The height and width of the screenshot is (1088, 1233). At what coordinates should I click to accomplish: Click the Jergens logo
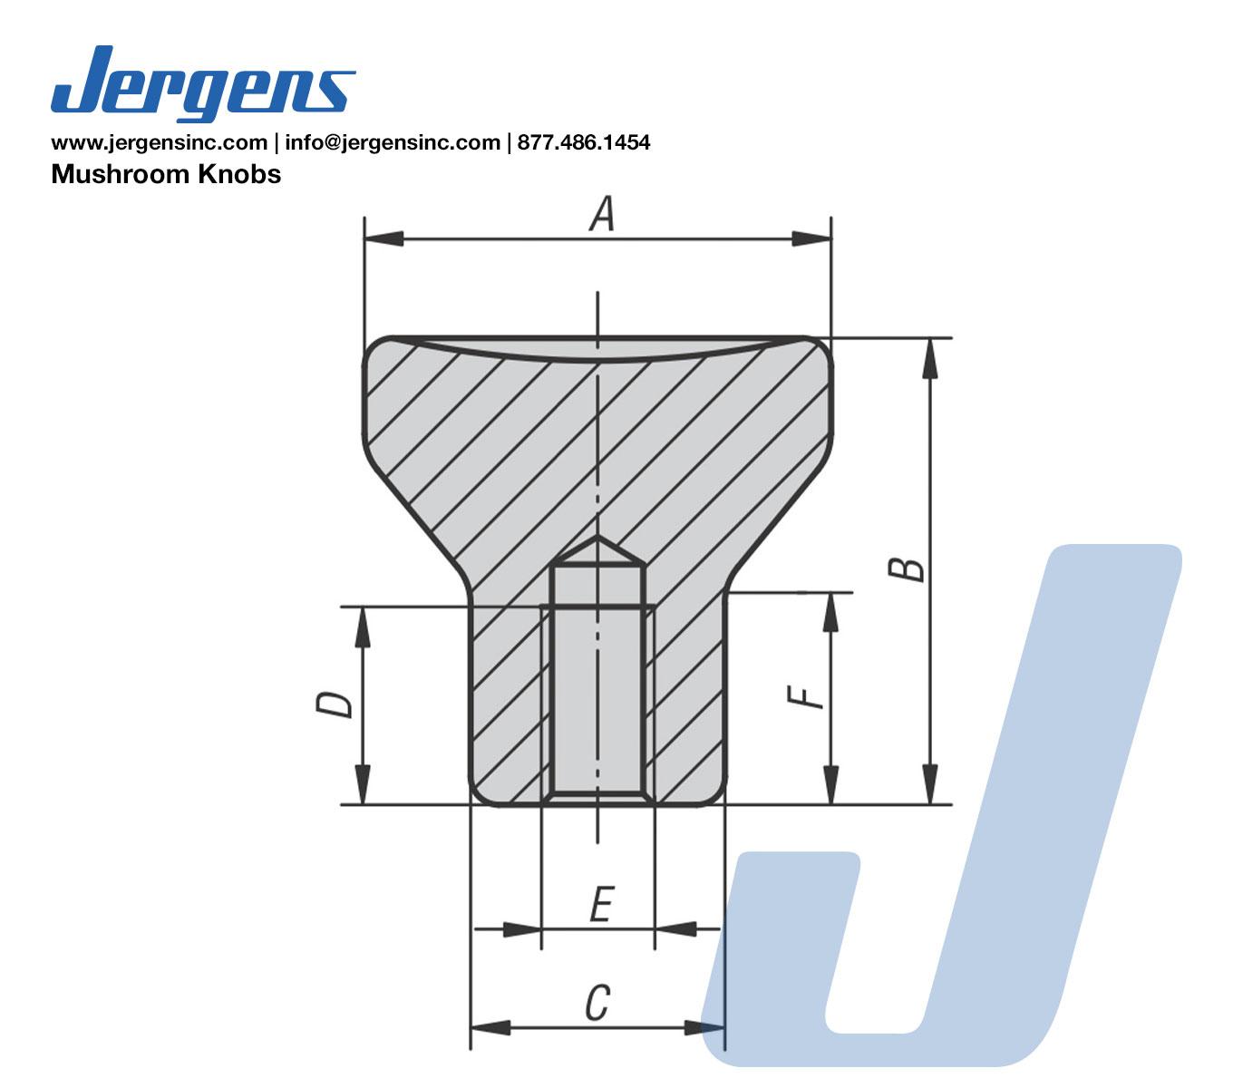(203, 83)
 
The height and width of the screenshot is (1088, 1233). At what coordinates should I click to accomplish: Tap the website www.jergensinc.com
(160, 142)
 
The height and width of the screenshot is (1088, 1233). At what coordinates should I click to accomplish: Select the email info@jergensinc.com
(393, 142)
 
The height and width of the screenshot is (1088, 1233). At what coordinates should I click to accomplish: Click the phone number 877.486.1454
(584, 142)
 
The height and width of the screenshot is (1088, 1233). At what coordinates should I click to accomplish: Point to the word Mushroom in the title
(121, 174)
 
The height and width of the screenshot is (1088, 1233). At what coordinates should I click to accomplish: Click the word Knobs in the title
(239, 174)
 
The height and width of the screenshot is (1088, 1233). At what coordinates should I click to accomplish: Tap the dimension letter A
(602, 214)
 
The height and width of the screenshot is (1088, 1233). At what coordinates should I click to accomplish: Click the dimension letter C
(597, 1003)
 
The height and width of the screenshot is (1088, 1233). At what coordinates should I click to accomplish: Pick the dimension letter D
(335, 704)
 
